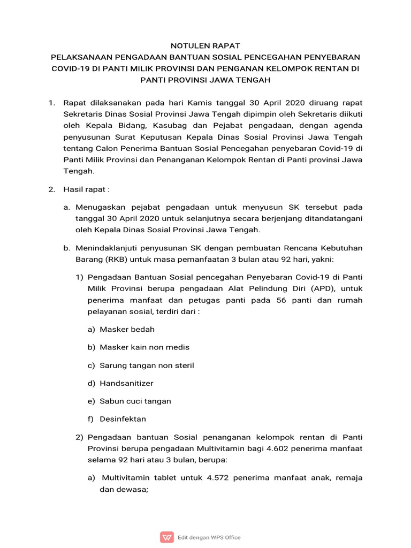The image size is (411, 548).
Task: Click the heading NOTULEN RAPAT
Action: click(x=205, y=46)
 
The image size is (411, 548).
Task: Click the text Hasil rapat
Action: click(x=85, y=189)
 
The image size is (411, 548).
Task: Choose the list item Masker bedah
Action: click(x=127, y=329)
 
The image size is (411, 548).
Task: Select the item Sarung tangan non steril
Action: click(x=147, y=365)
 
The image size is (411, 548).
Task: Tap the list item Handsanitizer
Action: click(x=127, y=383)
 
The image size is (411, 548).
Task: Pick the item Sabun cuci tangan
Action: click(x=135, y=401)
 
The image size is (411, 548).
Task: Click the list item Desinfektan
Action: click(x=123, y=418)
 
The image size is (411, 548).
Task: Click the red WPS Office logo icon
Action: click(x=167, y=537)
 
